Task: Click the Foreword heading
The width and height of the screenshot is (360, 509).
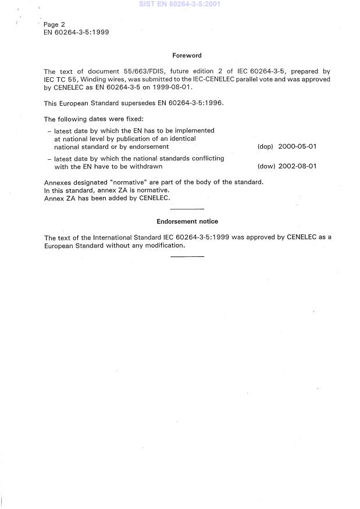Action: pos(187,56)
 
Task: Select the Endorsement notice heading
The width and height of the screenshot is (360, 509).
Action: pos(187,221)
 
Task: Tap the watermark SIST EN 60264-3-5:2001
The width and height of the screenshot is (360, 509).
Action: pos(180,4)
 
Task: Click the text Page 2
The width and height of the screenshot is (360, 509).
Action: pos(54,24)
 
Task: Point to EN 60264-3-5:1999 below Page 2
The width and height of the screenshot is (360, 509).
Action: pos(77,32)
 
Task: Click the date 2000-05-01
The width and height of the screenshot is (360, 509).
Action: pos(297,147)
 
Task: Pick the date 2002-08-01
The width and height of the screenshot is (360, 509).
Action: pos(297,166)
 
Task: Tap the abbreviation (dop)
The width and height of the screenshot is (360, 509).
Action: pos(265,147)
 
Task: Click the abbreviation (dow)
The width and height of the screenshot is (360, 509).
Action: pos(265,166)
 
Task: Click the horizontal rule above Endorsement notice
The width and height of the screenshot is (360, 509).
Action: pos(187,209)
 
